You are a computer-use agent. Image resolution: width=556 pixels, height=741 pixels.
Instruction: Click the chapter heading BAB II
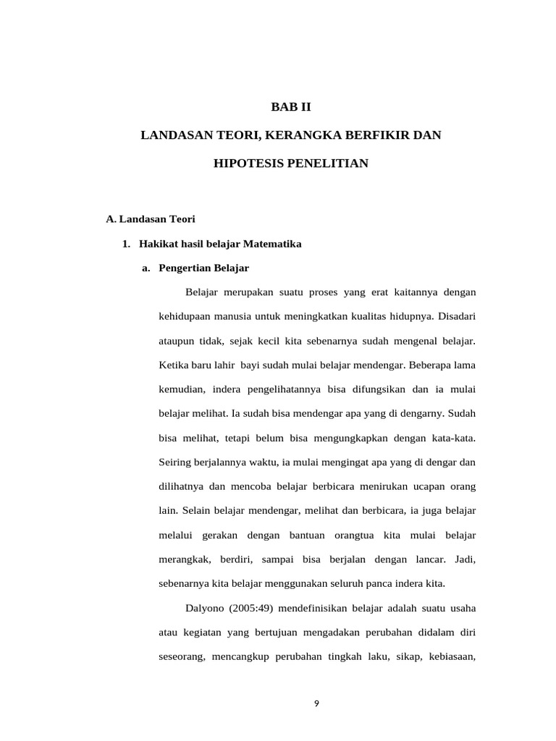click(x=290, y=107)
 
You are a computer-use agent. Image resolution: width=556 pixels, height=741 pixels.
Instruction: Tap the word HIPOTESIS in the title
click(x=248, y=164)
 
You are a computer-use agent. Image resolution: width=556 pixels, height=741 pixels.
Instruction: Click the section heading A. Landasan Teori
click(x=151, y=219)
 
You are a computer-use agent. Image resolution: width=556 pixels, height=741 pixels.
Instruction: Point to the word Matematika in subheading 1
click(x=275, y=244)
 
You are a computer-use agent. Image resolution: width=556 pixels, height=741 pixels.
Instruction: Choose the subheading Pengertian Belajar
click(x=203, y=268)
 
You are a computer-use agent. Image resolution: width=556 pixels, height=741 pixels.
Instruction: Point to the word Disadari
click(x=456, y=316)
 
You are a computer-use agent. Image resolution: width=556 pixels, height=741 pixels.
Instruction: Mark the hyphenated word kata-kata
click(x=453, y=438)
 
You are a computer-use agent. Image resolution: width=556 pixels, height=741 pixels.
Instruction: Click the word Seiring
click(x=174, y=462)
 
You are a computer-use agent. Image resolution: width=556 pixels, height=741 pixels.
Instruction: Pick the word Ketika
click(x=172, y=365)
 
